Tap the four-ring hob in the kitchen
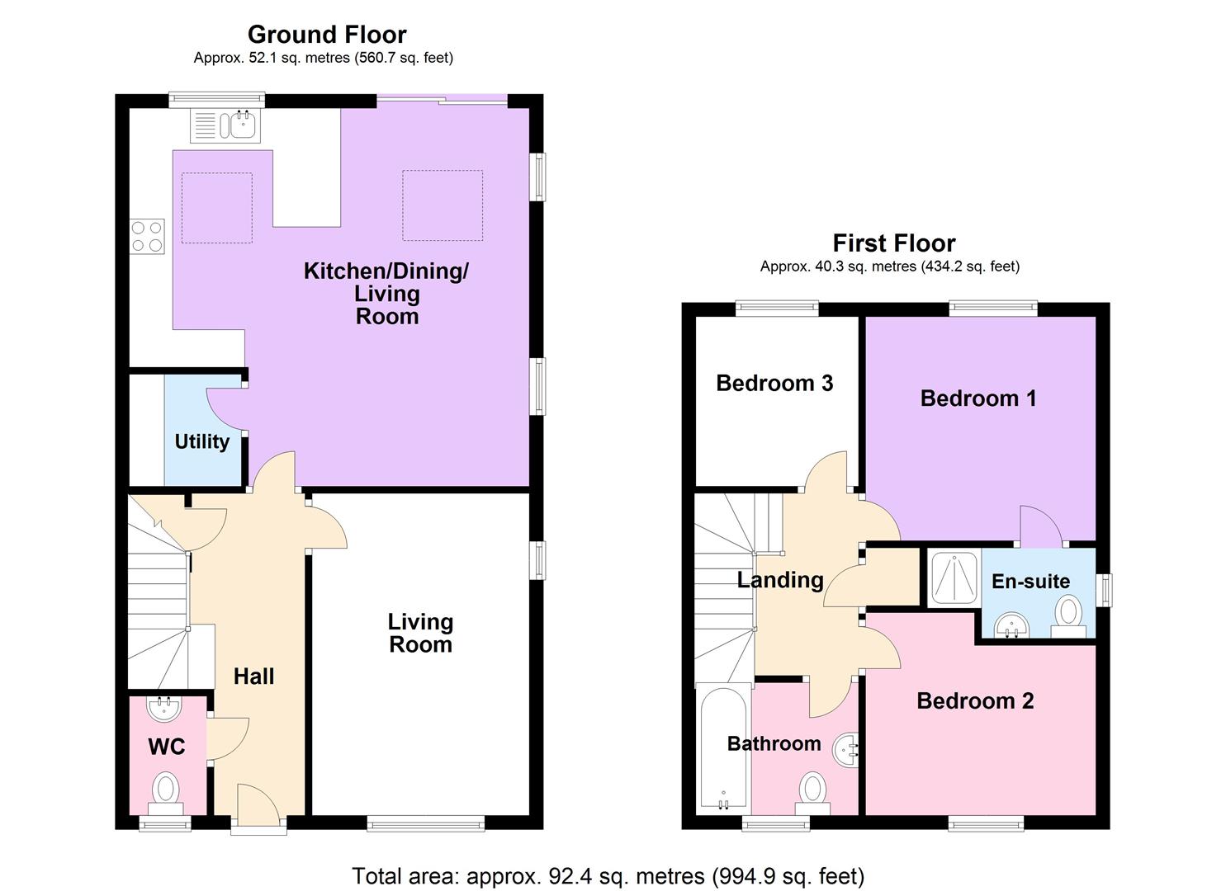pos(147,235)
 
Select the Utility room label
pos(201,441)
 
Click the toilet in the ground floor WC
pos(166,790)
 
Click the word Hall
pos(253,676)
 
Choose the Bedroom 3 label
pos(774,383)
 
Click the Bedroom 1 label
pos(977,398)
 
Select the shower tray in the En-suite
pos(953,578)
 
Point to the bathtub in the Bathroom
pos(723,747)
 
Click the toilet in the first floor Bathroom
pos(812,790)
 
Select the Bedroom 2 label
pos(974,701)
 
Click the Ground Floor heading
pos(327,35)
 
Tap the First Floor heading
pos(893,243)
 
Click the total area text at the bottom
pos(608,875)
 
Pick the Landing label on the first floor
pos(779,580)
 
